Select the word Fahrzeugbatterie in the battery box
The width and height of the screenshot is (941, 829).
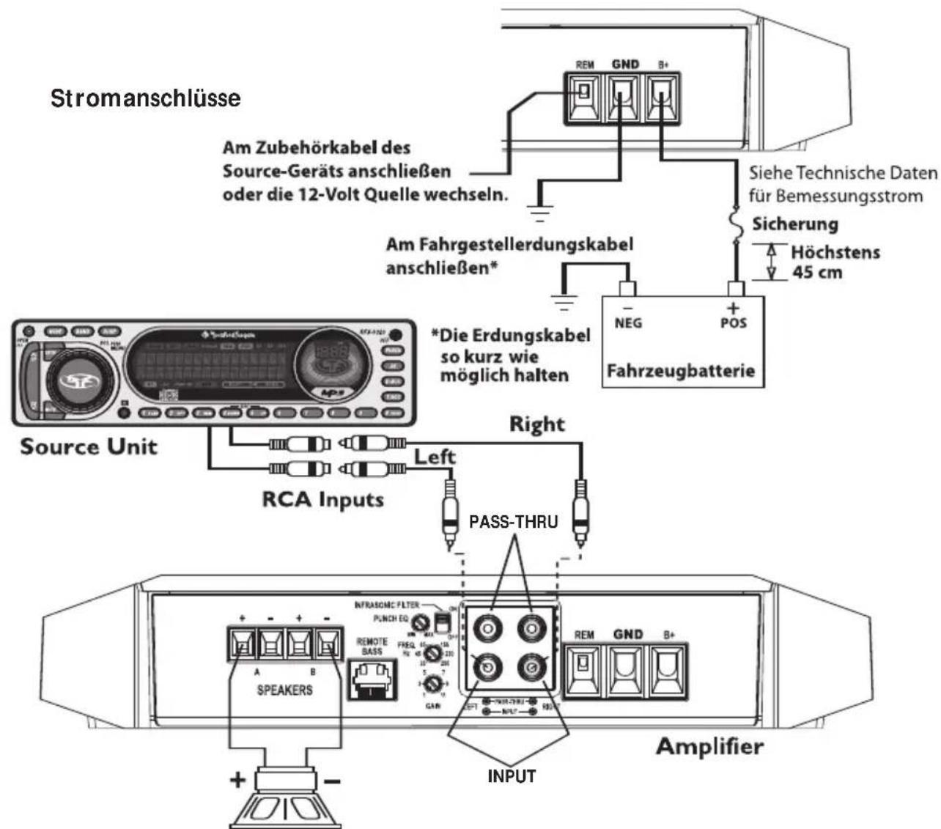[681, 371]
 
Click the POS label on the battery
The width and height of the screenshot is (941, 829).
[734, 323]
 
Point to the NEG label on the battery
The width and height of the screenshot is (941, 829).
[628, 323]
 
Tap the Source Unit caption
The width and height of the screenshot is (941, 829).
[89, 446]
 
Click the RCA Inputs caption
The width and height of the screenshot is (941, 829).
[323, 500]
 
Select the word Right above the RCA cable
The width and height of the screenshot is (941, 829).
[537, 424]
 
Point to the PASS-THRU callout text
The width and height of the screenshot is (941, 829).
[513, 523]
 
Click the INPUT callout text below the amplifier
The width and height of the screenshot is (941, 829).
[512, 775]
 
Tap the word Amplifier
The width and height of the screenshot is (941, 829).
[709, 747]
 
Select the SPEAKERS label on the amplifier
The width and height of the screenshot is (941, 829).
[284, 690]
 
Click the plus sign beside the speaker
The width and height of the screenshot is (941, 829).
[237, 779]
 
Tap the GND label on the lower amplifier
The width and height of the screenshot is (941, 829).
[628, 635]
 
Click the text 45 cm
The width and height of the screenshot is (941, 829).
[817, 273]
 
